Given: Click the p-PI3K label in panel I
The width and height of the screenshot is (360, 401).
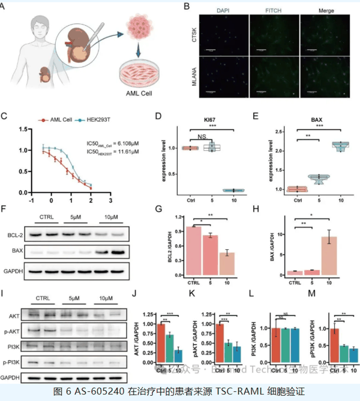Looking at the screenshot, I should click(13, 362).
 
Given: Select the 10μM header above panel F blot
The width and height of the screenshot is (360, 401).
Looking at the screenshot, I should click(109, 217).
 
